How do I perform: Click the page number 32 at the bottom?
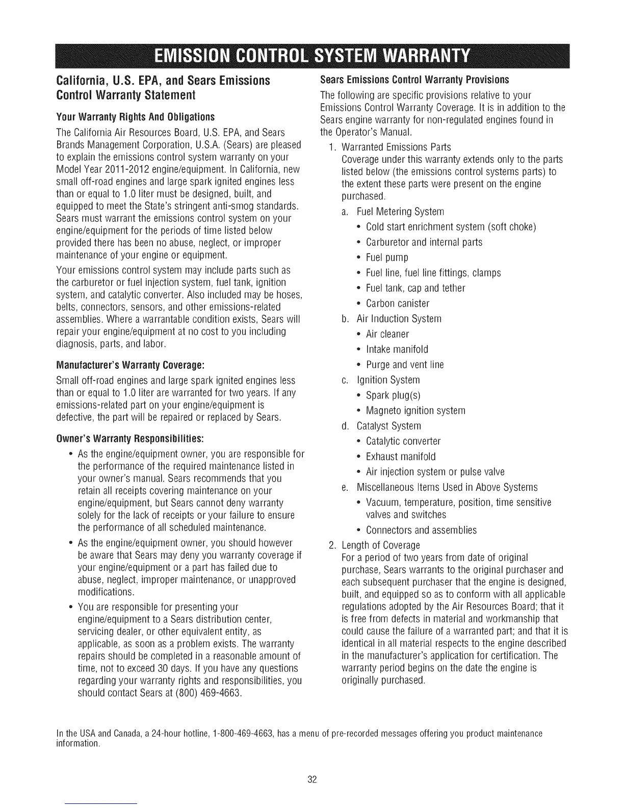[313, 779]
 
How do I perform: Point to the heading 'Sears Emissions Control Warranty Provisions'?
[414, 80]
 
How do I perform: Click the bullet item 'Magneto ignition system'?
[415, 411]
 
